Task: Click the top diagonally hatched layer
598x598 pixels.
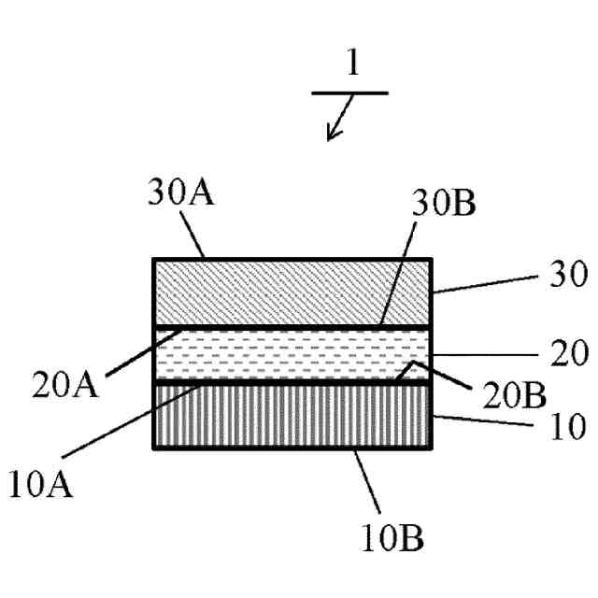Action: [292, 292]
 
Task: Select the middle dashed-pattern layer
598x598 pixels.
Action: [292, 355]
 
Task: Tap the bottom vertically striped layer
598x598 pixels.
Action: [292, 417]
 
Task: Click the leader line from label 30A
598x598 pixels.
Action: [194, 235]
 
